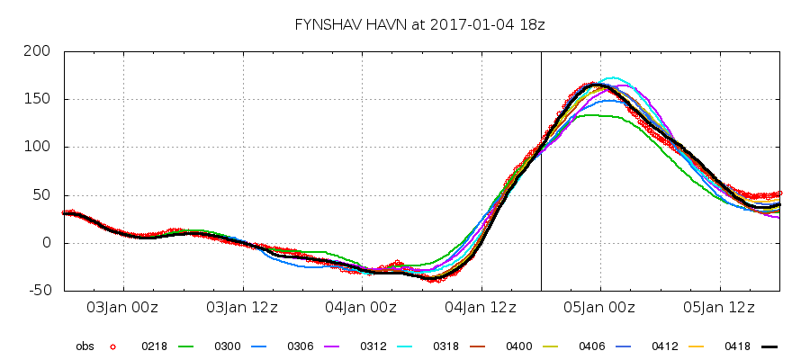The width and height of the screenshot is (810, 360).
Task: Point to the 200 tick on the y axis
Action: [39, 51]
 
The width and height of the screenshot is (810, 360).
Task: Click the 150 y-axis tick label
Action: [39, 99]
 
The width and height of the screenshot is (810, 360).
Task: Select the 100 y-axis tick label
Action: [39, 147]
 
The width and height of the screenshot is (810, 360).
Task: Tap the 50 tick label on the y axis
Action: [42, 195]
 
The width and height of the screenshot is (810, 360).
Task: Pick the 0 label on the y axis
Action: [47, 243]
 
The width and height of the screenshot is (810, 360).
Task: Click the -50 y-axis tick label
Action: [40, 291]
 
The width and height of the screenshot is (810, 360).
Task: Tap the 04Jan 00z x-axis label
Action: [361, 308]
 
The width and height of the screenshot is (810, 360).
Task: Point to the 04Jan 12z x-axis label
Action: [481, 308]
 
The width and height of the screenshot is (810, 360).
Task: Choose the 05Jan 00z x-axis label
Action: [600, 308]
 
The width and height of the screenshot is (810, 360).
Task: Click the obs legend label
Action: [84, 346]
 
